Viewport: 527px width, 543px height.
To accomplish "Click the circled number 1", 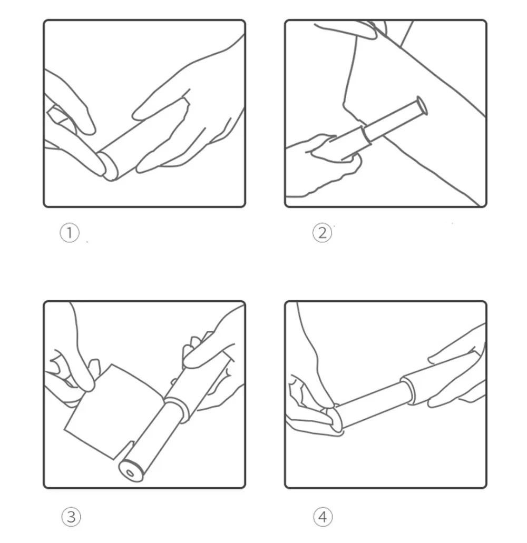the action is (70, 233).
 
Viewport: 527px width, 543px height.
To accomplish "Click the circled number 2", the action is (322, 233).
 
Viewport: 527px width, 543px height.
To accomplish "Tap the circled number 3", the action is (71, 517).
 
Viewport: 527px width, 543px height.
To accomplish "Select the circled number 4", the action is (323, 517).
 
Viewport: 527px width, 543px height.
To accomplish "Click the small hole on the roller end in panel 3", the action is (130, 473).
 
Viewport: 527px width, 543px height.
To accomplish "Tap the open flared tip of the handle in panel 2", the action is (422, 106).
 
